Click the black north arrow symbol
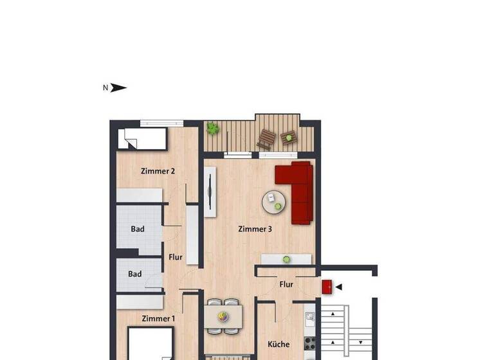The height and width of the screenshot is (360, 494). click(118, 88)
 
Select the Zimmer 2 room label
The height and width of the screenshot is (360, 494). click(158, 171)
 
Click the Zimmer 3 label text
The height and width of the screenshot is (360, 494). click(255, 229)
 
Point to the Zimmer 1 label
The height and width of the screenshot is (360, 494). click(158, 318)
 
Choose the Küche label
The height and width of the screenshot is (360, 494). click(279, 344)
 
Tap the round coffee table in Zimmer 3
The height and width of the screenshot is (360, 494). click(275, 202)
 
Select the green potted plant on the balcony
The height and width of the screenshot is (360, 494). click(212, 129)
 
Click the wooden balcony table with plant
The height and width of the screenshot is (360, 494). click(288, 137)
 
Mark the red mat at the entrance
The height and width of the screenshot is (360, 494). click(327, 286)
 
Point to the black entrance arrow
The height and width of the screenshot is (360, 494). click(339, 287)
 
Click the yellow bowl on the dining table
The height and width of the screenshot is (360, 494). click(223, 316)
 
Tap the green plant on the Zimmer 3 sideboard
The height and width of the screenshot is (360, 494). click(287, 259)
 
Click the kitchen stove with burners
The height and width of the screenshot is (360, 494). click(309, 344)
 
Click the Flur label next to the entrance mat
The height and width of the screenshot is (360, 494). click(286, 284)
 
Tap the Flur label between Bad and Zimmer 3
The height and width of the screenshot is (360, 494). click(176, 257)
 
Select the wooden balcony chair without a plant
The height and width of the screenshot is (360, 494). click(266, 139)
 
